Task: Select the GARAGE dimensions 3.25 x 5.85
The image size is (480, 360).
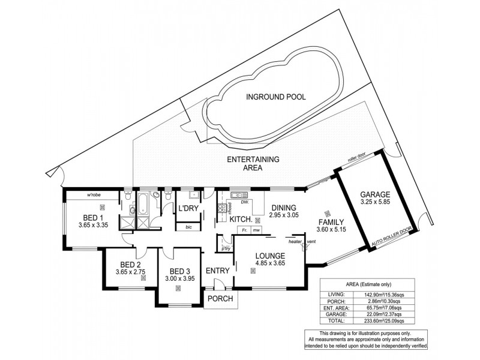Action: click(x=375, y=203)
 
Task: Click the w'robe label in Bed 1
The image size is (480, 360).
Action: click(x=93, y=195)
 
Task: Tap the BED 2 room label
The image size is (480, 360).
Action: click(x=130, y=265)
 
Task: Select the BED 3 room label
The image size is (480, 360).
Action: click(x=179, y=271)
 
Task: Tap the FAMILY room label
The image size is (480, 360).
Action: click(x=331, y=221)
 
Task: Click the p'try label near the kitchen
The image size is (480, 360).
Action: click(x=226, y=248)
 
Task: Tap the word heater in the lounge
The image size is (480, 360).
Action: click(x=295, y=241)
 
